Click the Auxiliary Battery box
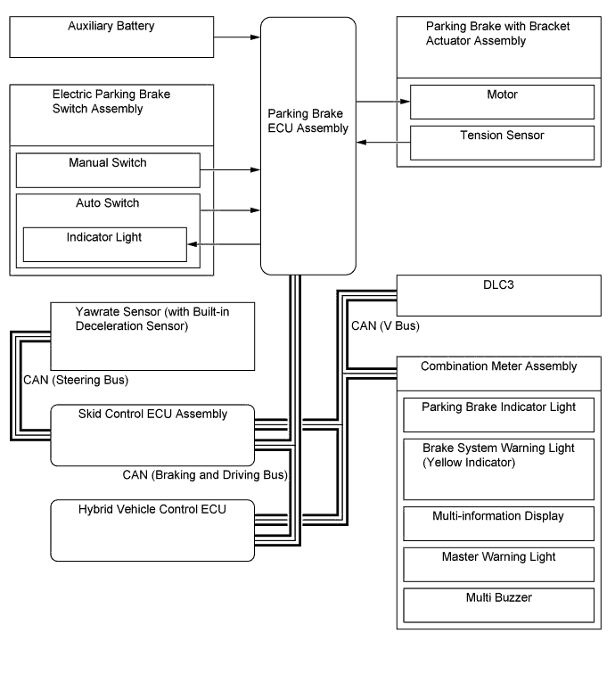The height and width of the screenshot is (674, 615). pos(111,36)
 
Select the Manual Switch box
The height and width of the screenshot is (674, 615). pos(107,169)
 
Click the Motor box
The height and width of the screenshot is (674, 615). pos(502,102)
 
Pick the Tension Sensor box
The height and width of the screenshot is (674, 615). pos(502,143)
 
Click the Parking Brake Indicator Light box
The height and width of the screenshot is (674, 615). pos(498,414)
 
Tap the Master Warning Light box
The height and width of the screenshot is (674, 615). pos(498,564)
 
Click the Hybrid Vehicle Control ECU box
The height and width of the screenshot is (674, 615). pos(152,530)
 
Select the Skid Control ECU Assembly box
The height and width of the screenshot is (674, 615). pos(152,435)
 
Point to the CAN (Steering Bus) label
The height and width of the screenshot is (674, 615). pos(76,381)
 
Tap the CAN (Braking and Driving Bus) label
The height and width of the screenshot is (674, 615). pos(205,474)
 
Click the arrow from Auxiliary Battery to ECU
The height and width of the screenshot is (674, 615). pos(237,37)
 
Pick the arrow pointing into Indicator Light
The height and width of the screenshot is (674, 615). pos(223,244)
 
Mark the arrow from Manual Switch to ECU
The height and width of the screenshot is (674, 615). pos(229,169)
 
